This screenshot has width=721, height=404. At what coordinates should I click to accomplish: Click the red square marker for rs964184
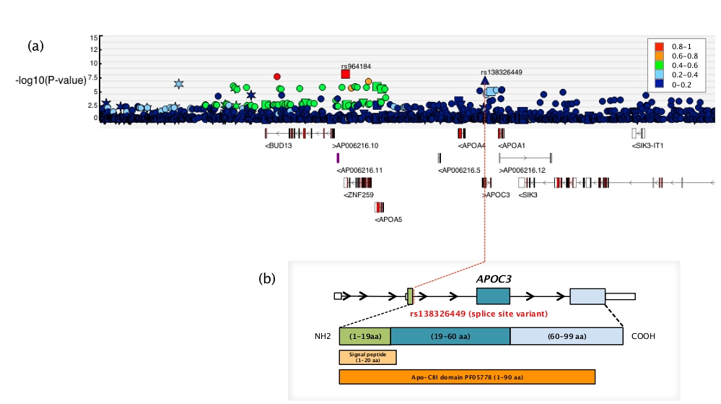[x=346, y=74]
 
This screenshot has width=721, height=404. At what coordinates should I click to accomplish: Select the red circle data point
[x=276, y=77]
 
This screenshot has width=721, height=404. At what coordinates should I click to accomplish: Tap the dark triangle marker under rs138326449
[x=485, y=81]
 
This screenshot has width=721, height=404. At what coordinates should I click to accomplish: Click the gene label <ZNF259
[x=359, y=194]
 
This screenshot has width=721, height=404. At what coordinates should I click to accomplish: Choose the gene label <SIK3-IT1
[x=647, y=146]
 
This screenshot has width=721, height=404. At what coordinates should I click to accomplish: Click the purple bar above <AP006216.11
[x=338, y=158]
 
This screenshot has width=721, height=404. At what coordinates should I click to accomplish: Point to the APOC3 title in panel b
[x=493, y=278]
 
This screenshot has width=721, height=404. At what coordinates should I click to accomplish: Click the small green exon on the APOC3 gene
[x=410, y=296]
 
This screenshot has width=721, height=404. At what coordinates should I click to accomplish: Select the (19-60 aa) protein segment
[x=450, y=337]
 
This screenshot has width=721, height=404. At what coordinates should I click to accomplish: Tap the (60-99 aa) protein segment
[x=567, y=337]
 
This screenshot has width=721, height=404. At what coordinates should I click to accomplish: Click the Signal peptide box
[x=367, y=357]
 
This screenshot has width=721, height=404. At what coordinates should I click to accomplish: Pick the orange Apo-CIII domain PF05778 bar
[x=467, y=377]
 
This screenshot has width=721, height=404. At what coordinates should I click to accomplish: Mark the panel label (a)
[x=36, y=46]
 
